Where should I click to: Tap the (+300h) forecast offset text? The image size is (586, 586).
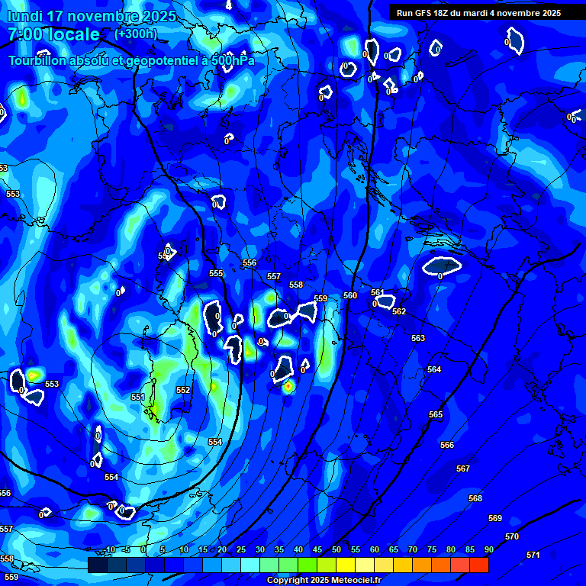point(135,34)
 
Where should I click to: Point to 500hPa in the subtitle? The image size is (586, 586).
point(232,60)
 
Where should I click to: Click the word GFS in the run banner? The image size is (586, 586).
point(424,13)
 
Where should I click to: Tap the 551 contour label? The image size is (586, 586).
point(138,398)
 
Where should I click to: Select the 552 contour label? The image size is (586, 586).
point(183,390)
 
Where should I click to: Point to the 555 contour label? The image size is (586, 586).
point(216,273)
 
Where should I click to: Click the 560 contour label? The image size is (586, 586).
point(350,295)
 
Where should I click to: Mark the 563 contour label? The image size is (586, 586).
point(418,338)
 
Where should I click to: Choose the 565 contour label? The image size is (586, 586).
point(436,414)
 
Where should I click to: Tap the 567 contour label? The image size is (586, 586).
point(463,468)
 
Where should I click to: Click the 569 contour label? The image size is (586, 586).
point(495,518)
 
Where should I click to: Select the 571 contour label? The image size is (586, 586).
point(533,555)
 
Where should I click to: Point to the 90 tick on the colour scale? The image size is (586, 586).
point(488,549)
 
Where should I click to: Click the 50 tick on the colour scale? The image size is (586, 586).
point(336,549)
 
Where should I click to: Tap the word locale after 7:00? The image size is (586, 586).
point(72,34)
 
